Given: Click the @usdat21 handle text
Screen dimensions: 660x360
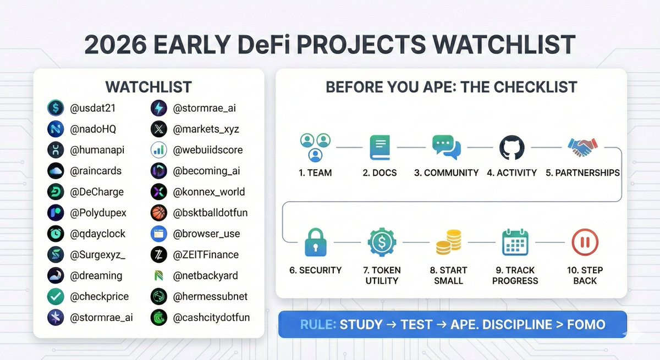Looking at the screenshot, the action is click(x=92, y=108).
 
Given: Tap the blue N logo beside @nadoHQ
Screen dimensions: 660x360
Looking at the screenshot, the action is click(x=56, y=129).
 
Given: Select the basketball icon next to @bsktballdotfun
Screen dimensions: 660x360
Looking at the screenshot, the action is click(x=159, y=213).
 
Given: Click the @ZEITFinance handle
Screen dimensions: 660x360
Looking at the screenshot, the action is click(x=206, y=254).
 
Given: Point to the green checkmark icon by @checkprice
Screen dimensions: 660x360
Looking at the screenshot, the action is click(x=56, y=296).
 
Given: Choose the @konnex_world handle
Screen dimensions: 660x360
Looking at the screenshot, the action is click(x=209, y=192).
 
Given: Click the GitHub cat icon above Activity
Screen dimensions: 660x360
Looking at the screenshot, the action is click(x=512, y=147).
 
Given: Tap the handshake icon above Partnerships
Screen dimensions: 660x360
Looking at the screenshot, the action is click(x=582, y=147).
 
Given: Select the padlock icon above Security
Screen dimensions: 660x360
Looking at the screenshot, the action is click(x=315, y=242).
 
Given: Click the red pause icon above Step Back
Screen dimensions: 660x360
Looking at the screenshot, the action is click(x=585, y=242).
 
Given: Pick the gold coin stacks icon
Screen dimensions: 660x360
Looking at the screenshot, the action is click(x=449, y=242).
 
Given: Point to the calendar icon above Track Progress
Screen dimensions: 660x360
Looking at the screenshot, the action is click(x=515, y=242).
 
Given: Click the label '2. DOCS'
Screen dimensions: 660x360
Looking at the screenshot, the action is click(x=380, y=173).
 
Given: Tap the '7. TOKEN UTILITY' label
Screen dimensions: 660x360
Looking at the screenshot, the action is click(x=382, y=275).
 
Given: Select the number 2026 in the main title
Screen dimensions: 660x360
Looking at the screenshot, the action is click(x=115, y=45).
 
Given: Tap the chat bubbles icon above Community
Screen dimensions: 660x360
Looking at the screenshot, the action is click(x=447, y=147).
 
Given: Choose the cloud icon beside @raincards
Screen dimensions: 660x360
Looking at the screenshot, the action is click(x=56, y=171).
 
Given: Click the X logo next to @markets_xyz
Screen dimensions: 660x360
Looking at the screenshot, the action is click(x=159, y=129).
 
